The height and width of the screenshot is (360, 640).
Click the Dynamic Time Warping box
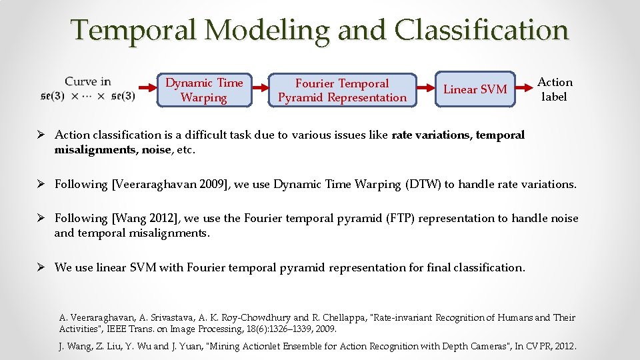[204, 90]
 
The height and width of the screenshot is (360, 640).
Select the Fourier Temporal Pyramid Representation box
[342, 91]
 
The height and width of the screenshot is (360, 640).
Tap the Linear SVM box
[475, 89]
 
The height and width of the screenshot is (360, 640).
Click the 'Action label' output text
[555, 89]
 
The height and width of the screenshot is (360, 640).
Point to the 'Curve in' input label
[87, 82]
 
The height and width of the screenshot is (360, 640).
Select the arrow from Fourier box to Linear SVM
[425, 87]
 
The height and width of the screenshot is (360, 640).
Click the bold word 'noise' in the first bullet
[156, 149]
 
